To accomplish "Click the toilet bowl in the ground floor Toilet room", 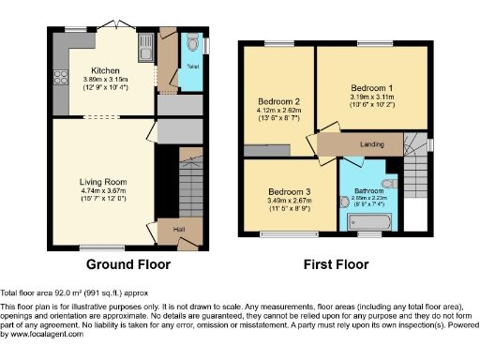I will [x=192, y=42].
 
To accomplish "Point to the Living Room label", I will [x=103, y=181].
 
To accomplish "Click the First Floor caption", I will [x=336, y=266].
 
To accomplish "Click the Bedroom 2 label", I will [x=277, y=101].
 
